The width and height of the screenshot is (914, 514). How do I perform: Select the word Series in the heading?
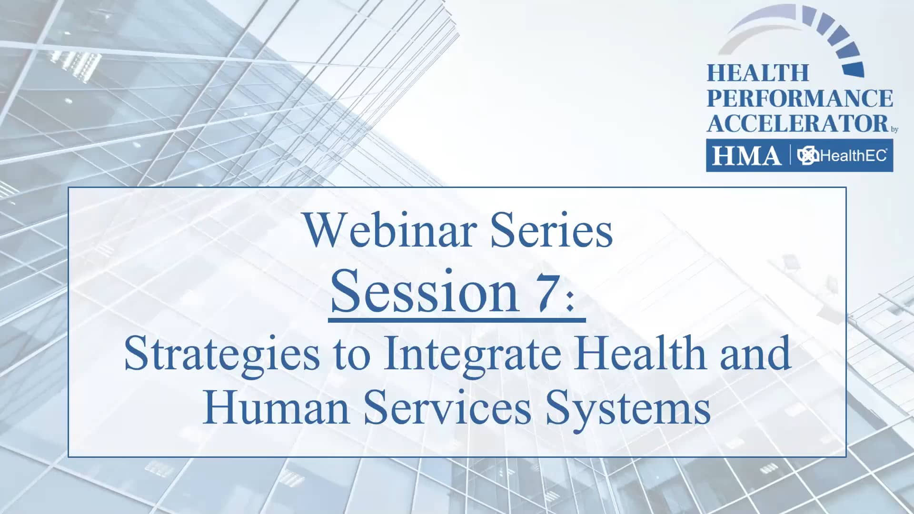(552, 230)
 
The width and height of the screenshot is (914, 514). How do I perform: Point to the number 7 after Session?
(545, 292)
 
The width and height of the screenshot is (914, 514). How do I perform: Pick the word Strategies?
(222, 355)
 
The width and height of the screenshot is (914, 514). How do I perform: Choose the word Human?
(277, 407)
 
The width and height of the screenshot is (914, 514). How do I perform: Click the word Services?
(447, 407)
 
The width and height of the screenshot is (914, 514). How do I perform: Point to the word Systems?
(628, 409)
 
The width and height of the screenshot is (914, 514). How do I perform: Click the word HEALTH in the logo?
(758, 73)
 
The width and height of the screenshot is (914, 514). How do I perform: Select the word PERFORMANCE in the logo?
(800, 99)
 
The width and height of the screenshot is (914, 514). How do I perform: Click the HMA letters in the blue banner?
(746, 156)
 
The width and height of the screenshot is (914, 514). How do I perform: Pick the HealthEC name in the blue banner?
(853, 156)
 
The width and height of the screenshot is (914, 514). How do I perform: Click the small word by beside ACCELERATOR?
(894, 129)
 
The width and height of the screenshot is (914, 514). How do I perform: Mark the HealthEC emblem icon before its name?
(808, 156)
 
